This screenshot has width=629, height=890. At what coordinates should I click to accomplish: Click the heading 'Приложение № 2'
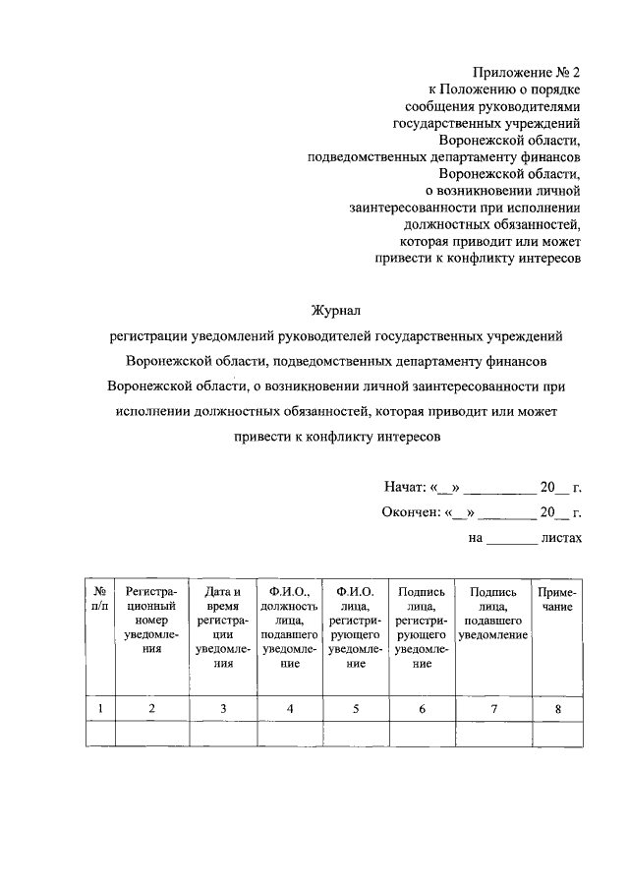click(x=528, y=72)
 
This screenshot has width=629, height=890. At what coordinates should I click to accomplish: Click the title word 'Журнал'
click(x=337, y=310)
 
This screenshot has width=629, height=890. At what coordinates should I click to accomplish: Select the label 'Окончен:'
click(x=411, y=511)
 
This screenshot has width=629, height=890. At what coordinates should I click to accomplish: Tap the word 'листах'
click(x=561, y=538)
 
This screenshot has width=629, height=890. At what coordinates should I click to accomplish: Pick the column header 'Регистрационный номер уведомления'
click(x=151, y=626)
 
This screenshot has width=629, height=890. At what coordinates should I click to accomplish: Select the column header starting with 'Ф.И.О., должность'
click(x=289, y=626)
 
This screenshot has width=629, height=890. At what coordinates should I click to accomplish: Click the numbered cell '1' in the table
click(x=99, y=708)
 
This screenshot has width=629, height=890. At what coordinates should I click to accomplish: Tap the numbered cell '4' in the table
click(x=289, y=708)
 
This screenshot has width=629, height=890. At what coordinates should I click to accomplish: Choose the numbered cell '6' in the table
click(x=423, y=708)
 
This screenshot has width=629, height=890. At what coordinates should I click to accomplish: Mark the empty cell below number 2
click(x=151, y=734)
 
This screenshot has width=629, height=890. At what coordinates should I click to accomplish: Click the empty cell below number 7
click(x=494, y=734)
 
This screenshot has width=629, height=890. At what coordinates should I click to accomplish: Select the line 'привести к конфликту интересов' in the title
click(x=337, y=437)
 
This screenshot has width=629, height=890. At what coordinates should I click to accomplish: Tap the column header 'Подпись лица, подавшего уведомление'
click(x=494, y=613)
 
